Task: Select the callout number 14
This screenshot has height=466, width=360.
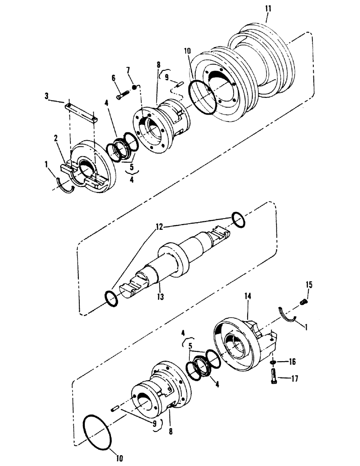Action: tap(247, 296)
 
